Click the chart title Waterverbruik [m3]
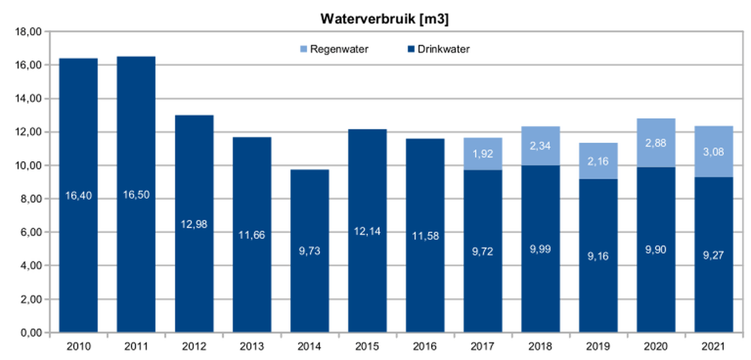[384, 19]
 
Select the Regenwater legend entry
[335, 49]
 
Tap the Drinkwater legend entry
[439, 49]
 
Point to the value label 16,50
[136, 195]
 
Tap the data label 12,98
[194, 225]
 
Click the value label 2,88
[655, 143]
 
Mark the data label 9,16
[598, 256]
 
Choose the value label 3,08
[714, 152]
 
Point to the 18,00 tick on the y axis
[29, 32]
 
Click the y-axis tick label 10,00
[29, 165]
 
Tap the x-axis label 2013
[252, 346]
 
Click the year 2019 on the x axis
[598, 346]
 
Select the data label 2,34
[540, 146]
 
